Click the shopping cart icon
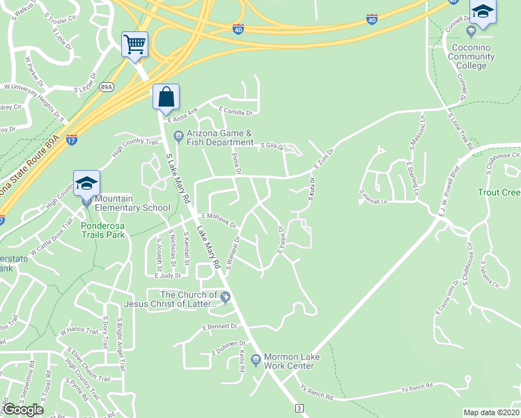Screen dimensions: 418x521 click(134, 45)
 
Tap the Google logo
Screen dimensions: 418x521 click(23, 410)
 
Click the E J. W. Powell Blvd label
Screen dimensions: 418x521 click(449, 192)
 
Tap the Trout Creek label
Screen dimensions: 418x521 click(499, 192)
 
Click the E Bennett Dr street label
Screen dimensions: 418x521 click(220, 326)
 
